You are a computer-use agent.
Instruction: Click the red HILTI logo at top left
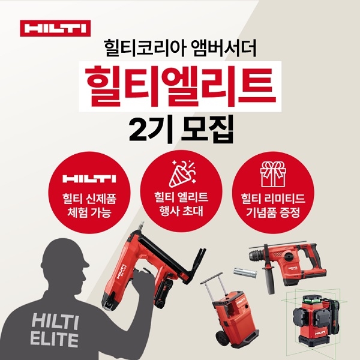pos(55,28)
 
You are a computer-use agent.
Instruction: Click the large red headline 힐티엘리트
pos(180,86)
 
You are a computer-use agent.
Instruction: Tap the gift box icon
pos(273,174)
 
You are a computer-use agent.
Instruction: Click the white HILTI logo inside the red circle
pos(89,179)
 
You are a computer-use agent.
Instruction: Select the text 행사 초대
pos(181,211)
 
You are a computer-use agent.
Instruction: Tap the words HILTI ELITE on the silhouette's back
pos(55,329)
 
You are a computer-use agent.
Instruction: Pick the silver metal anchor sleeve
pos(245,272)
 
